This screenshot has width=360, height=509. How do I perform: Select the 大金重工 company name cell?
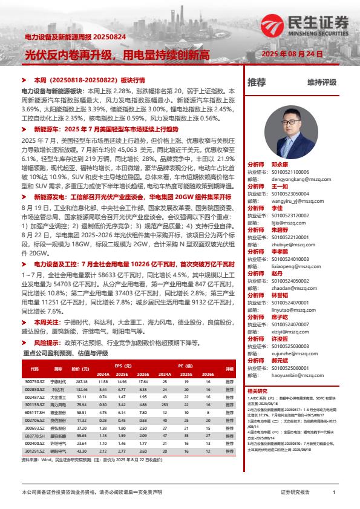tap(57, 397)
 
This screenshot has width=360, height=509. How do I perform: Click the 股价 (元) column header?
tap(80, 368)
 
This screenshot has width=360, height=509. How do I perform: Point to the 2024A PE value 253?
tap(164, 404)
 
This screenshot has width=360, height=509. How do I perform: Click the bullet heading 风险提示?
tap(49, 342)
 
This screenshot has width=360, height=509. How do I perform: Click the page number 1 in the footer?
tap(333, 493)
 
